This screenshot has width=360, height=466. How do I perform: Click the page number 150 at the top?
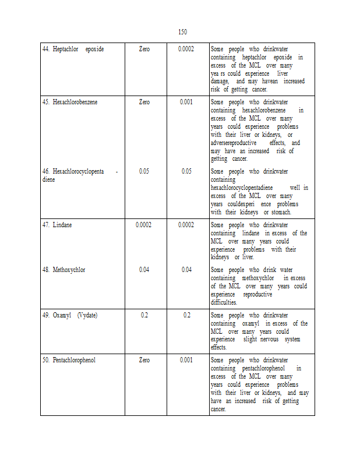pyautogui.click(x=182, y=31)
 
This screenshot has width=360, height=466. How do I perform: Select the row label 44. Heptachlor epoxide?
pyautogui.click(x=73, y=49)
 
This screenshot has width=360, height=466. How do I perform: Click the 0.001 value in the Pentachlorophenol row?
pyautogui.click(x=186, y=360)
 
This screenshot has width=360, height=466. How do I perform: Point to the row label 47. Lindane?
pyautogui.click(x=57, y=225)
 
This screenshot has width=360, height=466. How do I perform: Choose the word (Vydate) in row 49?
pyautogui.click(x=87, y=315)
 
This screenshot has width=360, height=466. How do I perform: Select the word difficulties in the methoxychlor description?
pyautogui.click(x=224, y=302)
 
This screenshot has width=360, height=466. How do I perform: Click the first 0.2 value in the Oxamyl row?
pyautogui.click(x=144, y=315)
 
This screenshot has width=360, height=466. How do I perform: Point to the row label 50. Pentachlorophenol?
pyautogui.click(x=69, y=360)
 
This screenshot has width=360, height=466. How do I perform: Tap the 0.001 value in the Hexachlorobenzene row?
pyautogui.click(x=186, y=102)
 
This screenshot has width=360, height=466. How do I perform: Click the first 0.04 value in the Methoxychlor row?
pyautogui.click(x=144, y=270)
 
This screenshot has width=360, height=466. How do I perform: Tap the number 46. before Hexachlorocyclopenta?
pyautogui.click(x=45, y=171)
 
